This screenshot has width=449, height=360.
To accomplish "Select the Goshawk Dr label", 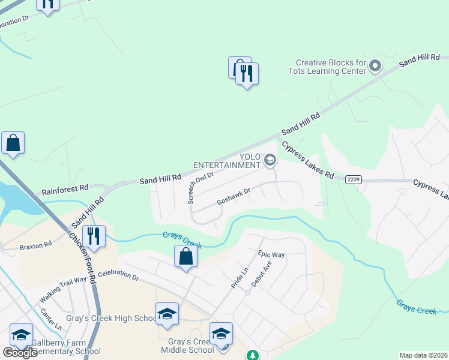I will pos(233,196).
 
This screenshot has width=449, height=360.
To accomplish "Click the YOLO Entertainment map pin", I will pos(270,160).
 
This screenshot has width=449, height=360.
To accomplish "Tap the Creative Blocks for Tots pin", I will pos(376,65).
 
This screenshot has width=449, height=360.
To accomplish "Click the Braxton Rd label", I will pos(35,245).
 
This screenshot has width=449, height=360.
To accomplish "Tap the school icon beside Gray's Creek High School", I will pos(167,313).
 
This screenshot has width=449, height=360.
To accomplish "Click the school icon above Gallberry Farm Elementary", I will pos(21,334).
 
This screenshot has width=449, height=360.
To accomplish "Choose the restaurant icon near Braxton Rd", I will pos(93,235).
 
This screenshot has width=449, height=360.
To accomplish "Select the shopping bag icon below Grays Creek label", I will pos(186,256).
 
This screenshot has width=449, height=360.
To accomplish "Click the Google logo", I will pos(20,353).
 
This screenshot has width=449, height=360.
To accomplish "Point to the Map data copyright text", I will pos(423,355).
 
